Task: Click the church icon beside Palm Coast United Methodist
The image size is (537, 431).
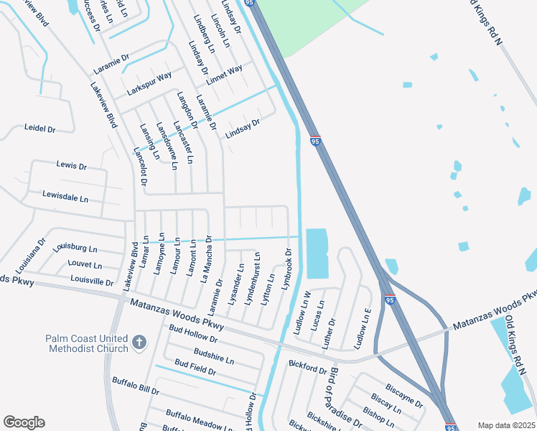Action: pyautogui.click(x=139, y=344)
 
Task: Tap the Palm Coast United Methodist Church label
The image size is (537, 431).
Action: pyautogui.click(x=86, y=343)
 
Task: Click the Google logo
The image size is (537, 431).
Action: pyautogui.click(x=24, y=422)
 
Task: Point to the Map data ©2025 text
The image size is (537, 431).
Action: pyautogui.click(x=505, y=425)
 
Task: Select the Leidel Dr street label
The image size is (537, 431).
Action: pyautogui.click(x=40, y=129)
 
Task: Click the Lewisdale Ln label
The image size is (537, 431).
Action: pyautogui.click(x=65, y=196)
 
